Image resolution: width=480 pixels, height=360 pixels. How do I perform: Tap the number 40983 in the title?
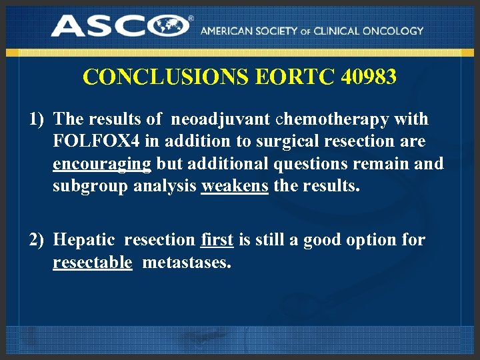pos(369,77)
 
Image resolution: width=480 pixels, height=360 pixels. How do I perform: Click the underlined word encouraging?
pos(103,164)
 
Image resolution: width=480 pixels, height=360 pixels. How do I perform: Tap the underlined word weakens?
pos(235,186)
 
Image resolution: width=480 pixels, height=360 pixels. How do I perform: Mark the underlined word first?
pos(217,240)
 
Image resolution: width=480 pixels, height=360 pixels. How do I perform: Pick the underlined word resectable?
pos(92,263)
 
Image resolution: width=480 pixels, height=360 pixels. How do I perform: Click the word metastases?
pos(187,263)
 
